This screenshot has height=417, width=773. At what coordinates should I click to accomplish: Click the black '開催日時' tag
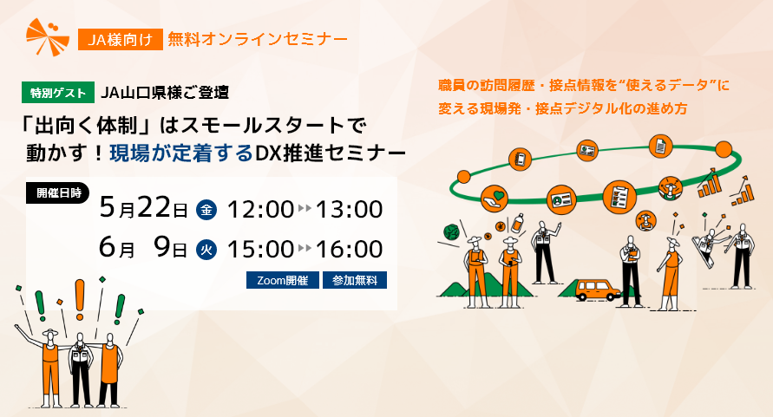[58, 193]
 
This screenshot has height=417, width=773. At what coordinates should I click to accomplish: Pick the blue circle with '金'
[206, 210]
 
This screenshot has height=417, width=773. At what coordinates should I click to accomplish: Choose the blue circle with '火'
[206, 249]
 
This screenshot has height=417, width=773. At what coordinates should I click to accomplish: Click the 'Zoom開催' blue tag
[282, 280]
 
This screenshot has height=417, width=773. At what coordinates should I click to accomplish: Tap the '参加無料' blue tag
[354, 280]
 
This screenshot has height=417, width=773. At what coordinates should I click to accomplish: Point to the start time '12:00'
[259, 210]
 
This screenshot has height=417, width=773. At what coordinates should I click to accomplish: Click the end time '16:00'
[349, 249]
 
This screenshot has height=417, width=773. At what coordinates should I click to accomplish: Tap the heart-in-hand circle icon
[495, 199]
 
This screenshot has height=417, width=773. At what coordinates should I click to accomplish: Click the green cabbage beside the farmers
[451, 232]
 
